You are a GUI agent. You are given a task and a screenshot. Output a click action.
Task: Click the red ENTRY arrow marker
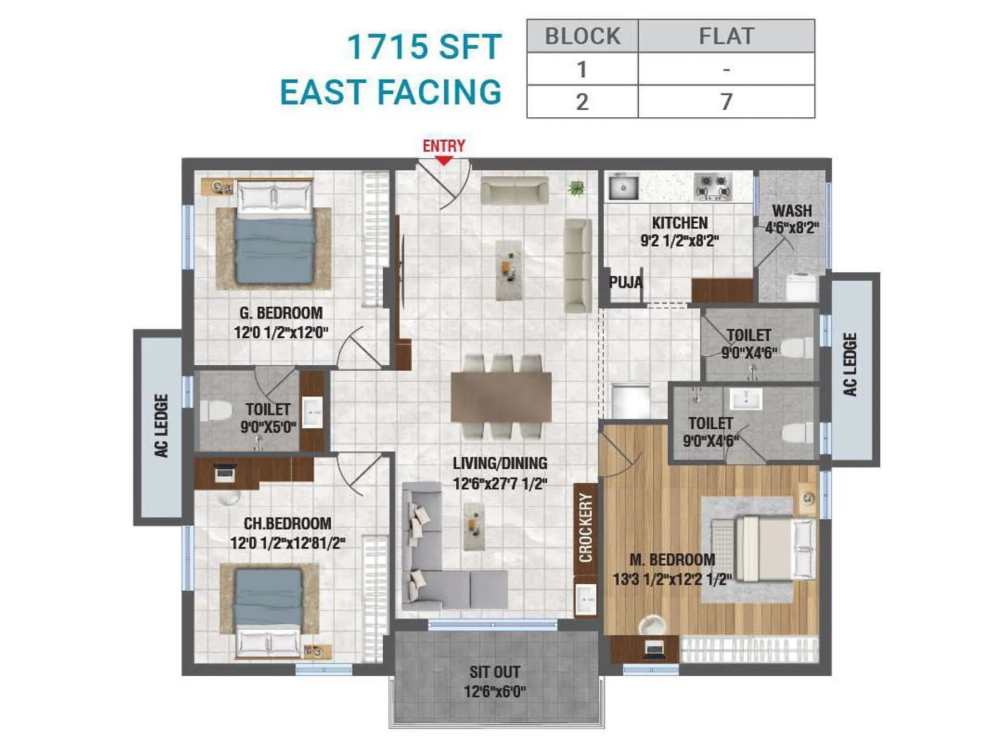[444, 161]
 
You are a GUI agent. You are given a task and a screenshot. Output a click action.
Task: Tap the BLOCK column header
[582, 36]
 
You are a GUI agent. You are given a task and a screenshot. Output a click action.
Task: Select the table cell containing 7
[726, 102]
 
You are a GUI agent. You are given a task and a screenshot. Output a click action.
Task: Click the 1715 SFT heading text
[424, 47]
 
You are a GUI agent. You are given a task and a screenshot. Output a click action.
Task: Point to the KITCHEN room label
[680, 223]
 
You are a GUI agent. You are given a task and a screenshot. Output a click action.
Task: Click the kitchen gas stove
[713, 186]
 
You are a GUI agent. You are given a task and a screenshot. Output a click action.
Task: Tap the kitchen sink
[622, 187]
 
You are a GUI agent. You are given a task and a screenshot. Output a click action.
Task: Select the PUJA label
[626, 282]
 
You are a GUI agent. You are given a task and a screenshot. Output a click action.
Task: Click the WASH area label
[792, 211]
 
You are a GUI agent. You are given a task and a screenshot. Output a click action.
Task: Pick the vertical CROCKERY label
[585, 527]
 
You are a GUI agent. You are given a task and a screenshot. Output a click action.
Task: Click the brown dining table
[501, 397]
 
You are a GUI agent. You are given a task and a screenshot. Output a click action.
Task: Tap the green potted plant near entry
[575, 187]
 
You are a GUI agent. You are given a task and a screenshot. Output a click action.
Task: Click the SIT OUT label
[494, 672]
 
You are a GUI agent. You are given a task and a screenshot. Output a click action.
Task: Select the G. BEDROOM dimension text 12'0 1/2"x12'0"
[281, 333]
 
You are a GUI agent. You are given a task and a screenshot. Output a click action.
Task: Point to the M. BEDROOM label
[672, 560]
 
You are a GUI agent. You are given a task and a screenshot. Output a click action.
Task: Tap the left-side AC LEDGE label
[161, 425]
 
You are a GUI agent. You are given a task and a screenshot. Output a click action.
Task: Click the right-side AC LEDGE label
[850, 365]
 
